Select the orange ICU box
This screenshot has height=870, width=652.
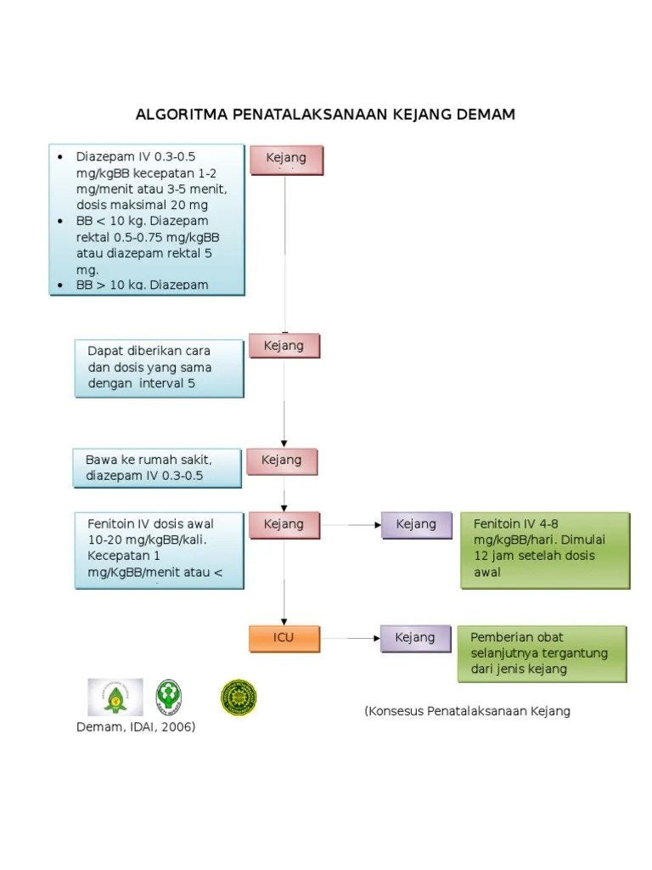click(x=284, y=638)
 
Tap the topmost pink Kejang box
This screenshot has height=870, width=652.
click(x=286, y=159)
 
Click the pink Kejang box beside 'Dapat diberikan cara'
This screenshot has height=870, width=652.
click(x=284, y=346)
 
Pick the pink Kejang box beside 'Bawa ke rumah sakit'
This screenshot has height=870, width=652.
click(x=281, y=460)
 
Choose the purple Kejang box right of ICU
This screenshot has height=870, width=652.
click(x=415, y=638)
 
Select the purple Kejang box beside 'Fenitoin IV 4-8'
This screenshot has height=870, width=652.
click(x=416, y=524)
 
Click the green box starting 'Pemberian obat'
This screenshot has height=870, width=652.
click(x=542, y=653)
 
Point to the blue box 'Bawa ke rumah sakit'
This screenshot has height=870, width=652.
click(x=157, y=468)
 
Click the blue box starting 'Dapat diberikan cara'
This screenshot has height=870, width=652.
click(x=160, y=368)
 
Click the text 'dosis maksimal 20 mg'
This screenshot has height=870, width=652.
click(x=142, y=205)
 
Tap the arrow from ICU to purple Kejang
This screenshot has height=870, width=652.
click(x=350, y=638)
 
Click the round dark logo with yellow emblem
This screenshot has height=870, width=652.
click(x=239, y=697)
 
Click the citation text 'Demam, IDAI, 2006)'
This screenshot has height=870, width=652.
click(x=136, y=727)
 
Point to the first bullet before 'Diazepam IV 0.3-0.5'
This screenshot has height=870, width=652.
click(x=60, y=157)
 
